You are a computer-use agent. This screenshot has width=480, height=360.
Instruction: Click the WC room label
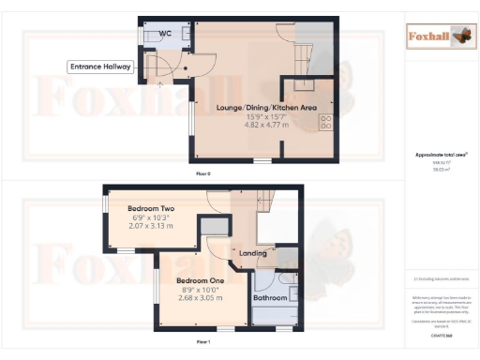165,33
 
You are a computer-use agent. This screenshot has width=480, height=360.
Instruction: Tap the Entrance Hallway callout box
101,67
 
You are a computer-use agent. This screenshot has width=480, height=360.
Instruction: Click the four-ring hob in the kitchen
327,122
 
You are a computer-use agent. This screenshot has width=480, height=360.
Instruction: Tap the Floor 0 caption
202,174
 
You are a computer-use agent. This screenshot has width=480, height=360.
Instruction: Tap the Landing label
253,253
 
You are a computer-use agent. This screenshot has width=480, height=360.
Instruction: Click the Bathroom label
272,298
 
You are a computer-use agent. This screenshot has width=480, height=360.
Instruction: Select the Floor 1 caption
202,343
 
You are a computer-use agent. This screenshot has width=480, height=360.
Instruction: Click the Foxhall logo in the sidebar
441,37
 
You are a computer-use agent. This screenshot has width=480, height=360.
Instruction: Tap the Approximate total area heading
441,155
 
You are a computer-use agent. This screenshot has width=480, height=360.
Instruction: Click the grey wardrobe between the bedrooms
214,226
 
